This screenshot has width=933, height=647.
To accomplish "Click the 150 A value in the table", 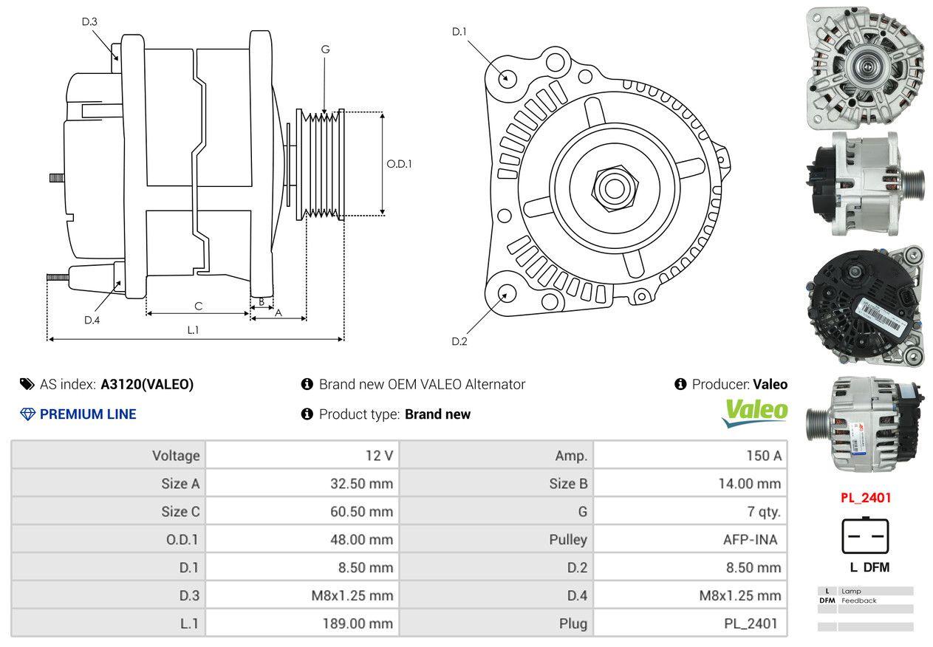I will tap(764, 456).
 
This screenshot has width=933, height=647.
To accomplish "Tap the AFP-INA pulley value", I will tap(750, 539).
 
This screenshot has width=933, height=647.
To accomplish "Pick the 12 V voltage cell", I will tap(380, 456).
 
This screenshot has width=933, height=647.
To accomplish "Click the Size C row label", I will tap(180, 511).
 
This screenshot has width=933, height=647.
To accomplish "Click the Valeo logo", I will tap(754, 413).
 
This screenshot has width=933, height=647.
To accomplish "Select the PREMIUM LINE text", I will tap(88, 414).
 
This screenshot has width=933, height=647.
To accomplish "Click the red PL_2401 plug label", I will tap(866, 498).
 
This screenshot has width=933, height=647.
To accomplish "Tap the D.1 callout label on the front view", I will tap(459, 31).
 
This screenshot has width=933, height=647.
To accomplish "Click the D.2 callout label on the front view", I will tap(459, 341).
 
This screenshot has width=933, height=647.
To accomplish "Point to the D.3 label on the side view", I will tap(89, 21).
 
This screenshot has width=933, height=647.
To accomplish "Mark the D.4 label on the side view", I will tap(92, 320).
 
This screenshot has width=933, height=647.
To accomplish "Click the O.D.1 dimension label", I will tap(399, 164).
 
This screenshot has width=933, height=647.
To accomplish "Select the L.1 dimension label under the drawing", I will tap(193, 330).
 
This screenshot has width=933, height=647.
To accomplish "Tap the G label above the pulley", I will tap(325, 49).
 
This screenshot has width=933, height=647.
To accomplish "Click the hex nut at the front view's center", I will tap(612, 188).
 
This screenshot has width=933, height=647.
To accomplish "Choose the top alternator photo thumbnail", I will tap(864, 67).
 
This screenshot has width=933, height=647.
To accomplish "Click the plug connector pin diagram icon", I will tap(865, 535).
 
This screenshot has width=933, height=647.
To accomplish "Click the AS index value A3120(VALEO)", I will tap(147, 384).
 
